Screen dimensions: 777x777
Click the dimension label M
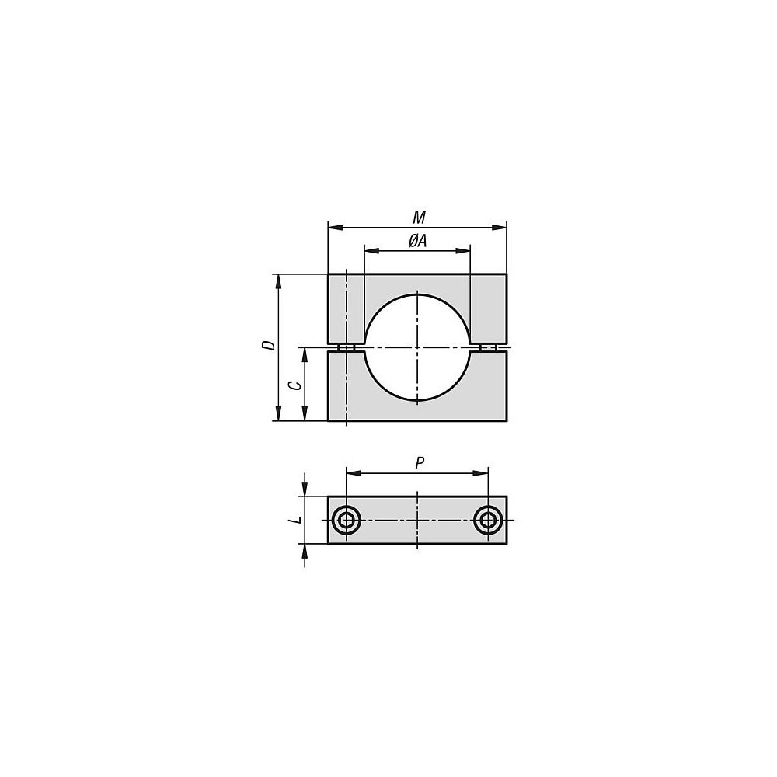pyautogui.click(x=420, y=217)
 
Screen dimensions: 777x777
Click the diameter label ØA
pyautogui.click(x=418, y=241)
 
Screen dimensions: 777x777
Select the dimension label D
pyautogui.click(x=268, y=346)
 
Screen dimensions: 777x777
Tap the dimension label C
pyautogui.click(x=294, y=385)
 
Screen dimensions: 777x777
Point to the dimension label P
pyautogui.click(x=420, y=463)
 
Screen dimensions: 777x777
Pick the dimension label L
pyautogui.click(x=296, y=520)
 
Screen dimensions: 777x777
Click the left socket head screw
pyautogui.click(x=346, y=521)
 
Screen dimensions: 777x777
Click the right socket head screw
pyautogui.click(x=488, y=521)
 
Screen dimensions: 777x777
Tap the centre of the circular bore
pyautogui.click(x=417, y=347)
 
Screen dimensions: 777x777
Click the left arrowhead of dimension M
pyautogui.click(x=336, y=228)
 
